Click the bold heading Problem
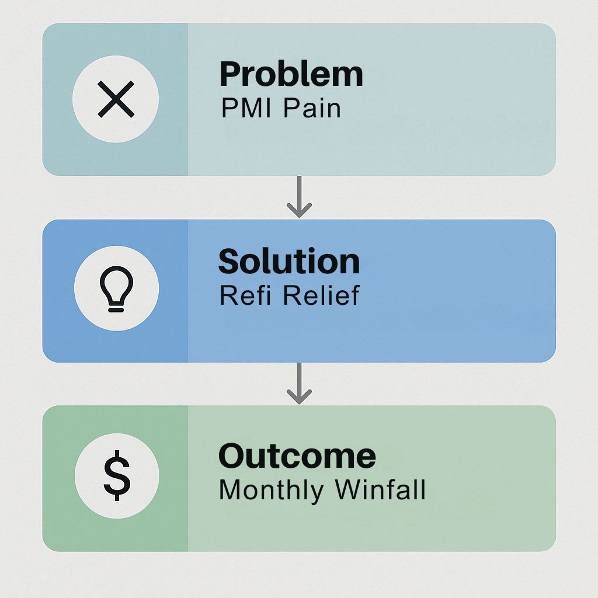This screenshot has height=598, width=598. pyautogui.click(x=291, y=74)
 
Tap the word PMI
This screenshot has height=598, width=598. pyautogui.click(x=246, y=108)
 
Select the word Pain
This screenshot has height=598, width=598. pyautogui.click(x=312, y=108)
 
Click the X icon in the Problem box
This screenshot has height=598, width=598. pyautogui.click(x=116, y=99)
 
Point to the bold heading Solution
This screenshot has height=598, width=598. pyautogui.click(x=289, y=261)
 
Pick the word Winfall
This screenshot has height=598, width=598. pyautogui.click(x=380, y=489)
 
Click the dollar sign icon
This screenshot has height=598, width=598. pyautogui.click(x=117, y=475)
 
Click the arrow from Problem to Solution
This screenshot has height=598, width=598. pyautogui.click(x=300, y=197)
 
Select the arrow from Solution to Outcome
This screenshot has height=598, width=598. pyautogui.click(x=300, y=383)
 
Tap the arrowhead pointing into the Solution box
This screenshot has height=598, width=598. pyautogui.click(x=300, y=210)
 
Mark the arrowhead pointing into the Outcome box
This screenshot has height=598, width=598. pyautogui.click(x=300, y=397)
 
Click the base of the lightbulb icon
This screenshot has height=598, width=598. pyautogui.click(x=116, y=307)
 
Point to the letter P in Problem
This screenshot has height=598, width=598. pyautogui.click(x=230, y=74)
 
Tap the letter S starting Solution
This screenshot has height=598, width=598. pyautogui.click(x=229, y=261)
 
